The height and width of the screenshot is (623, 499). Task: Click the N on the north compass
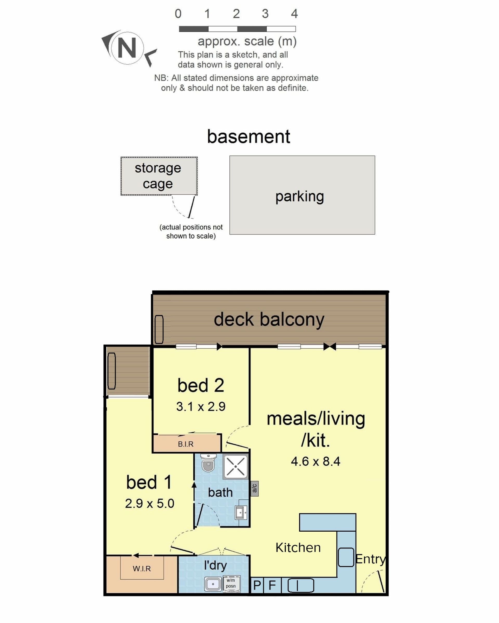coord(127,48)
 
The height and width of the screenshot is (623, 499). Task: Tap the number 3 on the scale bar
coord(265,14)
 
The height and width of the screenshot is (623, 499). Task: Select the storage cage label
coord(158,176)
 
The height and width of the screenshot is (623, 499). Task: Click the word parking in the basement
coord(299,197)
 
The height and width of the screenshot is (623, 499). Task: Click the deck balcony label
coord(269,320)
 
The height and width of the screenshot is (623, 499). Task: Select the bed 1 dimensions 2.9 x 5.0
coord(149,504)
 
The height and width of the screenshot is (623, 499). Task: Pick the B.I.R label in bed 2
coord(186,444)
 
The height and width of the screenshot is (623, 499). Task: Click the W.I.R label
coord(142,569)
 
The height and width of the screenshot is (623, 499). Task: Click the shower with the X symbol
coord(235,467)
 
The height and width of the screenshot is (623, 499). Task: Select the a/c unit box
coord(254,488)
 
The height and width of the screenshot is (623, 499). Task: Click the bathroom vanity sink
coord(241,513)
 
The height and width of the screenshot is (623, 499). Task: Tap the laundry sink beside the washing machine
coord(213,584)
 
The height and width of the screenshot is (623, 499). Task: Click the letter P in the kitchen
coord(257,585)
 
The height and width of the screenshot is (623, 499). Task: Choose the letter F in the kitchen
coord(272,585)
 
